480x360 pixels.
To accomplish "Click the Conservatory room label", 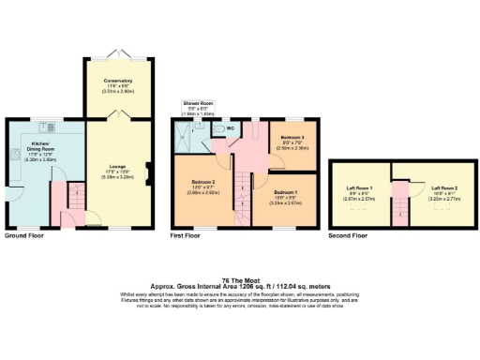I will [118, 85].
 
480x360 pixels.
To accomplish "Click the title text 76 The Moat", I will [240, 278].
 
